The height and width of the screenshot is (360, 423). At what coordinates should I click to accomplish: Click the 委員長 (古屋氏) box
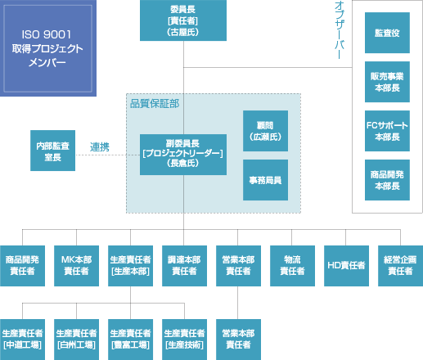[183, 20]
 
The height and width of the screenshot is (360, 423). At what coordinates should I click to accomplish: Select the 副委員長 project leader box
[183, 155]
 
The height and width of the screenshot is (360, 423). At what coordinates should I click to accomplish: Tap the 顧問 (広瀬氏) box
[265, 131]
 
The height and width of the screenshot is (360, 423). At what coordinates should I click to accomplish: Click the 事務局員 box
[265, 180]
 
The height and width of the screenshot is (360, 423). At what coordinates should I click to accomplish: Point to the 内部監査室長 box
[52, 151]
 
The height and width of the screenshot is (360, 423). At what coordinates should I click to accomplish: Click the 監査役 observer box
[387, 33]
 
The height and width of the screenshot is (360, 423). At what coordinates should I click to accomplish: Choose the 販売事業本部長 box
[387, 82]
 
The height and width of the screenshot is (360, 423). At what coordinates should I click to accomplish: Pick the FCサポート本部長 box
[387, 131]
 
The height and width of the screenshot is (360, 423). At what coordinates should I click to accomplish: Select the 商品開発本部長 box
[387, 180]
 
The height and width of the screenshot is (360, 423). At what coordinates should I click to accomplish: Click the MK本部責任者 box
[76, 266]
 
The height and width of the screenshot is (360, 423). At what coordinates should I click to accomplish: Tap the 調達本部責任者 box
[184, 266]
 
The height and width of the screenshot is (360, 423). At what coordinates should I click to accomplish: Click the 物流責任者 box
[292, 266]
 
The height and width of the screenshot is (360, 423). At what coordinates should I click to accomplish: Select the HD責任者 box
[346, 266]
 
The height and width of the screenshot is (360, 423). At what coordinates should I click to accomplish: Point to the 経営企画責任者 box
[400, 266]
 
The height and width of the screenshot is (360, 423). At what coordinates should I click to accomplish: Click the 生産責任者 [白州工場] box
[76, 340]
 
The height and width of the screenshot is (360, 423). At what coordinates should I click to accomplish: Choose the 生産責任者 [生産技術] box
[184, 340]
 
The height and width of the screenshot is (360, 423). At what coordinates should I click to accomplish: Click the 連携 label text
[100, 147]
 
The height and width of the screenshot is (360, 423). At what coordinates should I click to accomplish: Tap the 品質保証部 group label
[155, 104]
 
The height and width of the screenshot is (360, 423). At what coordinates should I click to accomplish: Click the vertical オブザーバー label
[340, 30]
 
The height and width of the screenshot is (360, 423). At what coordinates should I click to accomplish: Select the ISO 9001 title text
[47, 34]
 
